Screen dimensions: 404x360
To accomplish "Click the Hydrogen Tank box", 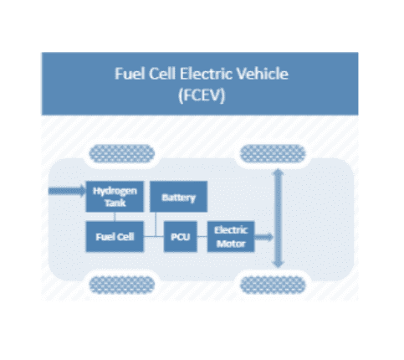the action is point(115,197).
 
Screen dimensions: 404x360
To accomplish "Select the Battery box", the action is point(178,197).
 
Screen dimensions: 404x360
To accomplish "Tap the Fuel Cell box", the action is point(115,237).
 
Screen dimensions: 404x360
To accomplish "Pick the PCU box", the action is point(181,237).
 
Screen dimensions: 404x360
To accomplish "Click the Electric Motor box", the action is point(231,237).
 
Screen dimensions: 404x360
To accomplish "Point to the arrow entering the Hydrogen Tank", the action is point(67,191).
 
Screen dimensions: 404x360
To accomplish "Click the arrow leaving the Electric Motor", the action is point(263,237).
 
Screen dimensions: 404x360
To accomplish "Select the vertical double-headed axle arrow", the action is point(279,218).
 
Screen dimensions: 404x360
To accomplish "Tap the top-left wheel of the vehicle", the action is point(122,153).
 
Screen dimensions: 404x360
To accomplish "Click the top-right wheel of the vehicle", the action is point(273,153).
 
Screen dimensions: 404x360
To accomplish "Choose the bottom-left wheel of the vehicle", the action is point(122,285).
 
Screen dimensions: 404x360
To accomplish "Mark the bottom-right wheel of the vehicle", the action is point(273,285).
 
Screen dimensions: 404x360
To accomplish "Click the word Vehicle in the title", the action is point(263,74).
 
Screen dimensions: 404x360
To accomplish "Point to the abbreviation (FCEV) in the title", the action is point(202,95).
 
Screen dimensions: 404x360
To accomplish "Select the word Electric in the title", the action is point(206,74).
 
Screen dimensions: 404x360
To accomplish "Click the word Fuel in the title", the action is point(130,74).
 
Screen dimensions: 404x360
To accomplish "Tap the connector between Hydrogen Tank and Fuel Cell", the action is point(115,217).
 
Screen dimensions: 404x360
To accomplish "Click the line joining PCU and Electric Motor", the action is point(202,237).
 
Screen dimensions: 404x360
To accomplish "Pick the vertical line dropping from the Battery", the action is point(156,224).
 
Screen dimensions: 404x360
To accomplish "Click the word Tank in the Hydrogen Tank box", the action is point(115,203).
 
